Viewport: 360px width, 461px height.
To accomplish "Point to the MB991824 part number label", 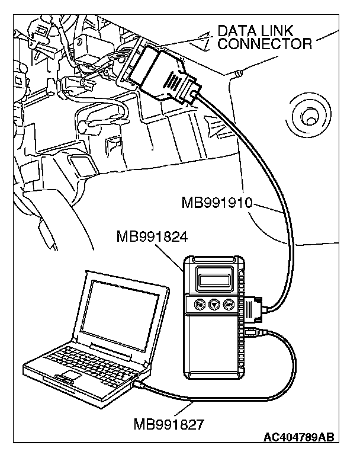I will click(x=152, y=238).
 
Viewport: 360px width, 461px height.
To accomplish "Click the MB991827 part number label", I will click(x=169, y=424).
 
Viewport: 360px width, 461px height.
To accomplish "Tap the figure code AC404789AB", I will click(x=298, y=438).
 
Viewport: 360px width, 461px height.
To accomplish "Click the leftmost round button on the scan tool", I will click(x=200, y=306).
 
